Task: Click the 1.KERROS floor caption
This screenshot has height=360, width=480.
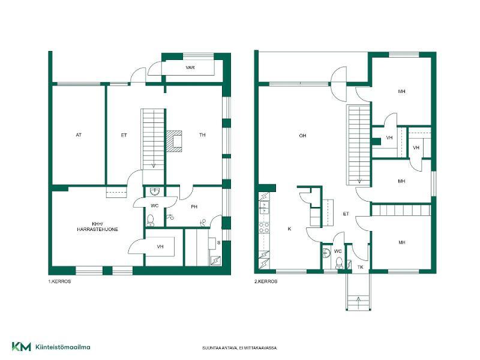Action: tap(59, 281)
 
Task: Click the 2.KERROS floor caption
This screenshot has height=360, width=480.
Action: tap(266, 281)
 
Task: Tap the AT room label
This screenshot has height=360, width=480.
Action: tap(79, 135)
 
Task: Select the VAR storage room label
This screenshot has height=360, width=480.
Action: tap(190, 67)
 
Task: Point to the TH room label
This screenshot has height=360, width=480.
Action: tap(202, 134)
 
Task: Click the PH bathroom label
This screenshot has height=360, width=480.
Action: tap(194, 207)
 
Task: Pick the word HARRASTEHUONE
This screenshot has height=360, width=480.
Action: tap(97, 229)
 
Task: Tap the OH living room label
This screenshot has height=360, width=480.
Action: tap(302, 136)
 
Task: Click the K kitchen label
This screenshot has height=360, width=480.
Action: tap(290, 229)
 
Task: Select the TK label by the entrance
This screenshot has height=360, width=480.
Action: tap(361, 267)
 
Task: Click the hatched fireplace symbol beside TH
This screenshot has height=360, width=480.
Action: tap(174, 141)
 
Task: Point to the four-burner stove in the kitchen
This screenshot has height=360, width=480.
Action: tap(264, 227)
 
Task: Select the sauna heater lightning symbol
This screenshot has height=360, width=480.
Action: tap(215, 260)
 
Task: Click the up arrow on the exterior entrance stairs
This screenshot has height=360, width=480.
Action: tap(359, 302)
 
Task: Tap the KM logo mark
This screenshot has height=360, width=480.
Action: tap(22, 347)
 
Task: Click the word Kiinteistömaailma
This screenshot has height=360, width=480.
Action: tap(63, 347)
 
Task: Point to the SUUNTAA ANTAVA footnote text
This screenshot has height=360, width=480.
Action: tap(239, 348)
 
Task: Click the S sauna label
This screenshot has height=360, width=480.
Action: tap(218, 243)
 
